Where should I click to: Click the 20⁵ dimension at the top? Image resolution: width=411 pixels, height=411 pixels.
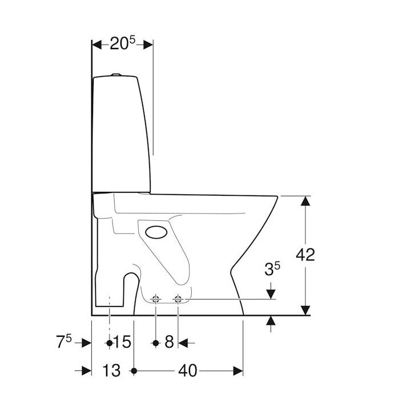[x=122, y=43]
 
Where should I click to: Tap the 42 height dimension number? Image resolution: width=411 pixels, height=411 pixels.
[x=305, y=255]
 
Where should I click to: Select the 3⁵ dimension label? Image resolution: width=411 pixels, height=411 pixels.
[x=272, y=269]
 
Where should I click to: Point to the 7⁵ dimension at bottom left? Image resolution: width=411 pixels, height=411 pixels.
[x=64, y=342]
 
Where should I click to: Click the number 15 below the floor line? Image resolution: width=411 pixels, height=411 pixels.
[x=122, y=342]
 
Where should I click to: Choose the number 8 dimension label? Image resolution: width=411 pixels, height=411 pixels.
[x=169, y=342]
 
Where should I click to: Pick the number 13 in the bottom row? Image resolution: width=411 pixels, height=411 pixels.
[x=112, y=370]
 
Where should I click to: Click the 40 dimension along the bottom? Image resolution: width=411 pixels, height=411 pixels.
[x=187, y=371]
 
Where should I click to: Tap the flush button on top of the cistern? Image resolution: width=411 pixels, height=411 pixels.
[x=116, y=75]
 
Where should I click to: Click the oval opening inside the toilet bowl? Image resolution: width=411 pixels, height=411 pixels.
[x=156, y=232]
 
